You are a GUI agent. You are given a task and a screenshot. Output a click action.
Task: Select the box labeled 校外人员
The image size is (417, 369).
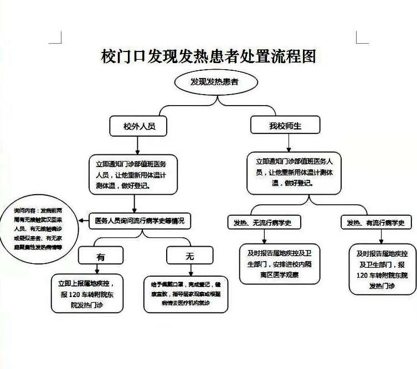139,126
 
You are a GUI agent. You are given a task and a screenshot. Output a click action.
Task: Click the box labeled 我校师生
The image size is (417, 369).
286,126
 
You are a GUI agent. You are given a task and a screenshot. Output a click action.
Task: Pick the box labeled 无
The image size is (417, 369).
190,256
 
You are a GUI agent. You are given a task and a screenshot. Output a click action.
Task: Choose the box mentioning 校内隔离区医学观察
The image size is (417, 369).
280,263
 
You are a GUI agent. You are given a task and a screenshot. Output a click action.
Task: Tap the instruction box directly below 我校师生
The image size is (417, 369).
294,173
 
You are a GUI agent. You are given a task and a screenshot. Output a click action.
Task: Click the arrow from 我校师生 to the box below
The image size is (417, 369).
286,143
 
